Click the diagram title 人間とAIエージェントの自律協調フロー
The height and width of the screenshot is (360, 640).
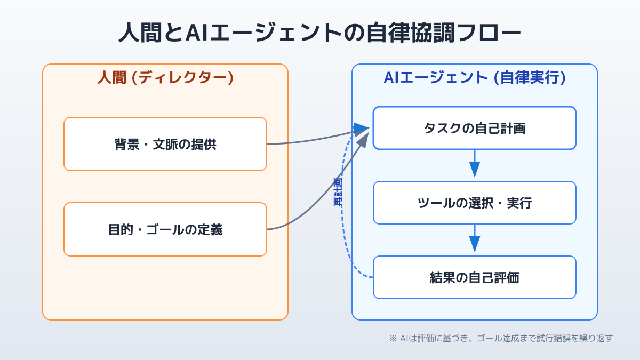[x=319, y=33]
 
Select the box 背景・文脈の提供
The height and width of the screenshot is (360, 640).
[x=165, y=144]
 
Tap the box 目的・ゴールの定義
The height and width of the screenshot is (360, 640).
[x=165, y=229]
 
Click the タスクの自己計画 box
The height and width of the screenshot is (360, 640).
[x=474, y=128]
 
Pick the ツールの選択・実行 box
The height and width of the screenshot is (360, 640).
[x=474, y=203]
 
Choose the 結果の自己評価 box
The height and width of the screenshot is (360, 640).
[x=474, y=277]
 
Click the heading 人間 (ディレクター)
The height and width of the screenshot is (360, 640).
[x=165, y=78]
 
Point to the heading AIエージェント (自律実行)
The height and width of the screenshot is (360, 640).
[x=474, y=78]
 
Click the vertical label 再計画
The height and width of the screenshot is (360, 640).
[x=338, y=192]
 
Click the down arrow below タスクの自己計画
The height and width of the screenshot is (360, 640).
[x=474, y=164]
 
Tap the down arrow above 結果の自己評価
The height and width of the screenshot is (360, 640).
[x=474, y=239]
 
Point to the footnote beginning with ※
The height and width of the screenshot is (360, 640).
[x=501, y=338]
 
